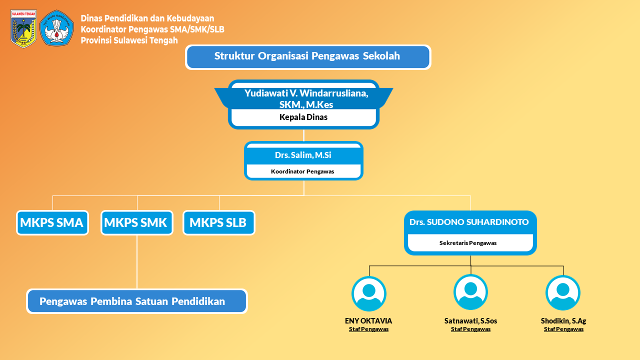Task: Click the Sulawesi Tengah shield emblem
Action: pyautogui.click(x=23, y=28)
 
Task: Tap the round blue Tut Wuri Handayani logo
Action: pyautogui.click(x=56, y=28)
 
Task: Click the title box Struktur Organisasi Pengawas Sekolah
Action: pyautogui.click(x=307, y=56)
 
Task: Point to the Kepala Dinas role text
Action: pyautogui.click(x=303, y=117)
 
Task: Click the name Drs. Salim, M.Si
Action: pyautogui.click(x=303, y=155)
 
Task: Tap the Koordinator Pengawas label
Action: pyautogui.click(x=302, y=171)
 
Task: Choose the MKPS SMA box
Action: pyautogui.click(x=52, y=222)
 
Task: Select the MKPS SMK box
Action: pyautogui.click(x=136, y=222)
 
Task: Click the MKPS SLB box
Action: pyautogui.click(x=218, y=222)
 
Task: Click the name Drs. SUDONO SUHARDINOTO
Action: pyautogui.click(x=469, y=222)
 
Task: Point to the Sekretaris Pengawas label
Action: pyautogui.click(x=468, y=243)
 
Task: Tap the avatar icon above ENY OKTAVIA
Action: pyautogui.click(x=369, y=294)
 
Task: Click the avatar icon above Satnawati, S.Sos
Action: pyautogui.click(x=470, y=292)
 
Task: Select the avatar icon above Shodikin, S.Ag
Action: pyautogui.click(x=563, y=293)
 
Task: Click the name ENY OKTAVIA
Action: pyautogui.click(x=368, y=321)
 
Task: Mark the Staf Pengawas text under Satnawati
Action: pyautogui.click(x=470, y=329)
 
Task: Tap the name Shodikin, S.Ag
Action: pyautogui.click(x=563, y=321)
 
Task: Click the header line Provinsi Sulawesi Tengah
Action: pyautogui.click(x=129, y=40)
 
